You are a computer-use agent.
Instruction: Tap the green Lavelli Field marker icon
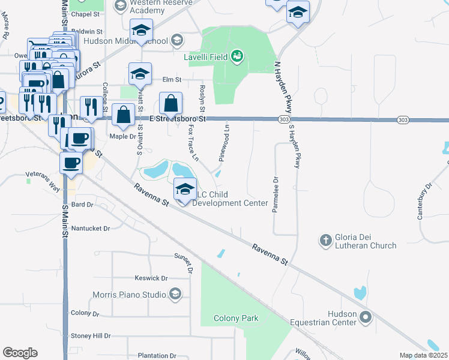point(238,56)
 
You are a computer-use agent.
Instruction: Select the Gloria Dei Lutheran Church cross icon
point(326,240)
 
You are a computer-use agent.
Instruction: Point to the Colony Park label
point(237,318)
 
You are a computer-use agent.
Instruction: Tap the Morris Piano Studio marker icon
point(175,294)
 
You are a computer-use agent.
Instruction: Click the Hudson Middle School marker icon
point(176,41)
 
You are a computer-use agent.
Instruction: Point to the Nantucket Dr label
point(91,229)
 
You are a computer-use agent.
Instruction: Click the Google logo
point(20,353)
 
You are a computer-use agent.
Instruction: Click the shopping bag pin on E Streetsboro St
point(171,103)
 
